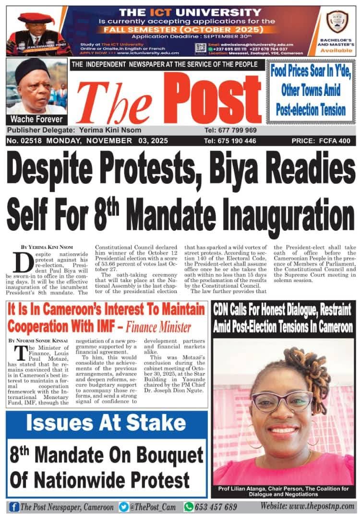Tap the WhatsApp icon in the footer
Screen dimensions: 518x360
click(x=189, y=506)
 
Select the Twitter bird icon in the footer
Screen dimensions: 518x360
click(x=124, y=506)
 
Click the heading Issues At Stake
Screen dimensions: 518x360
click(x=106, y=423)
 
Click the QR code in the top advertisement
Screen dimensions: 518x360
click(x=201, y=48)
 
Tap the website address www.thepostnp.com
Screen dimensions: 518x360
click(x=307, y=506)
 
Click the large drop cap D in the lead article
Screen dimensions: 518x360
click(x=22, y=262)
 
